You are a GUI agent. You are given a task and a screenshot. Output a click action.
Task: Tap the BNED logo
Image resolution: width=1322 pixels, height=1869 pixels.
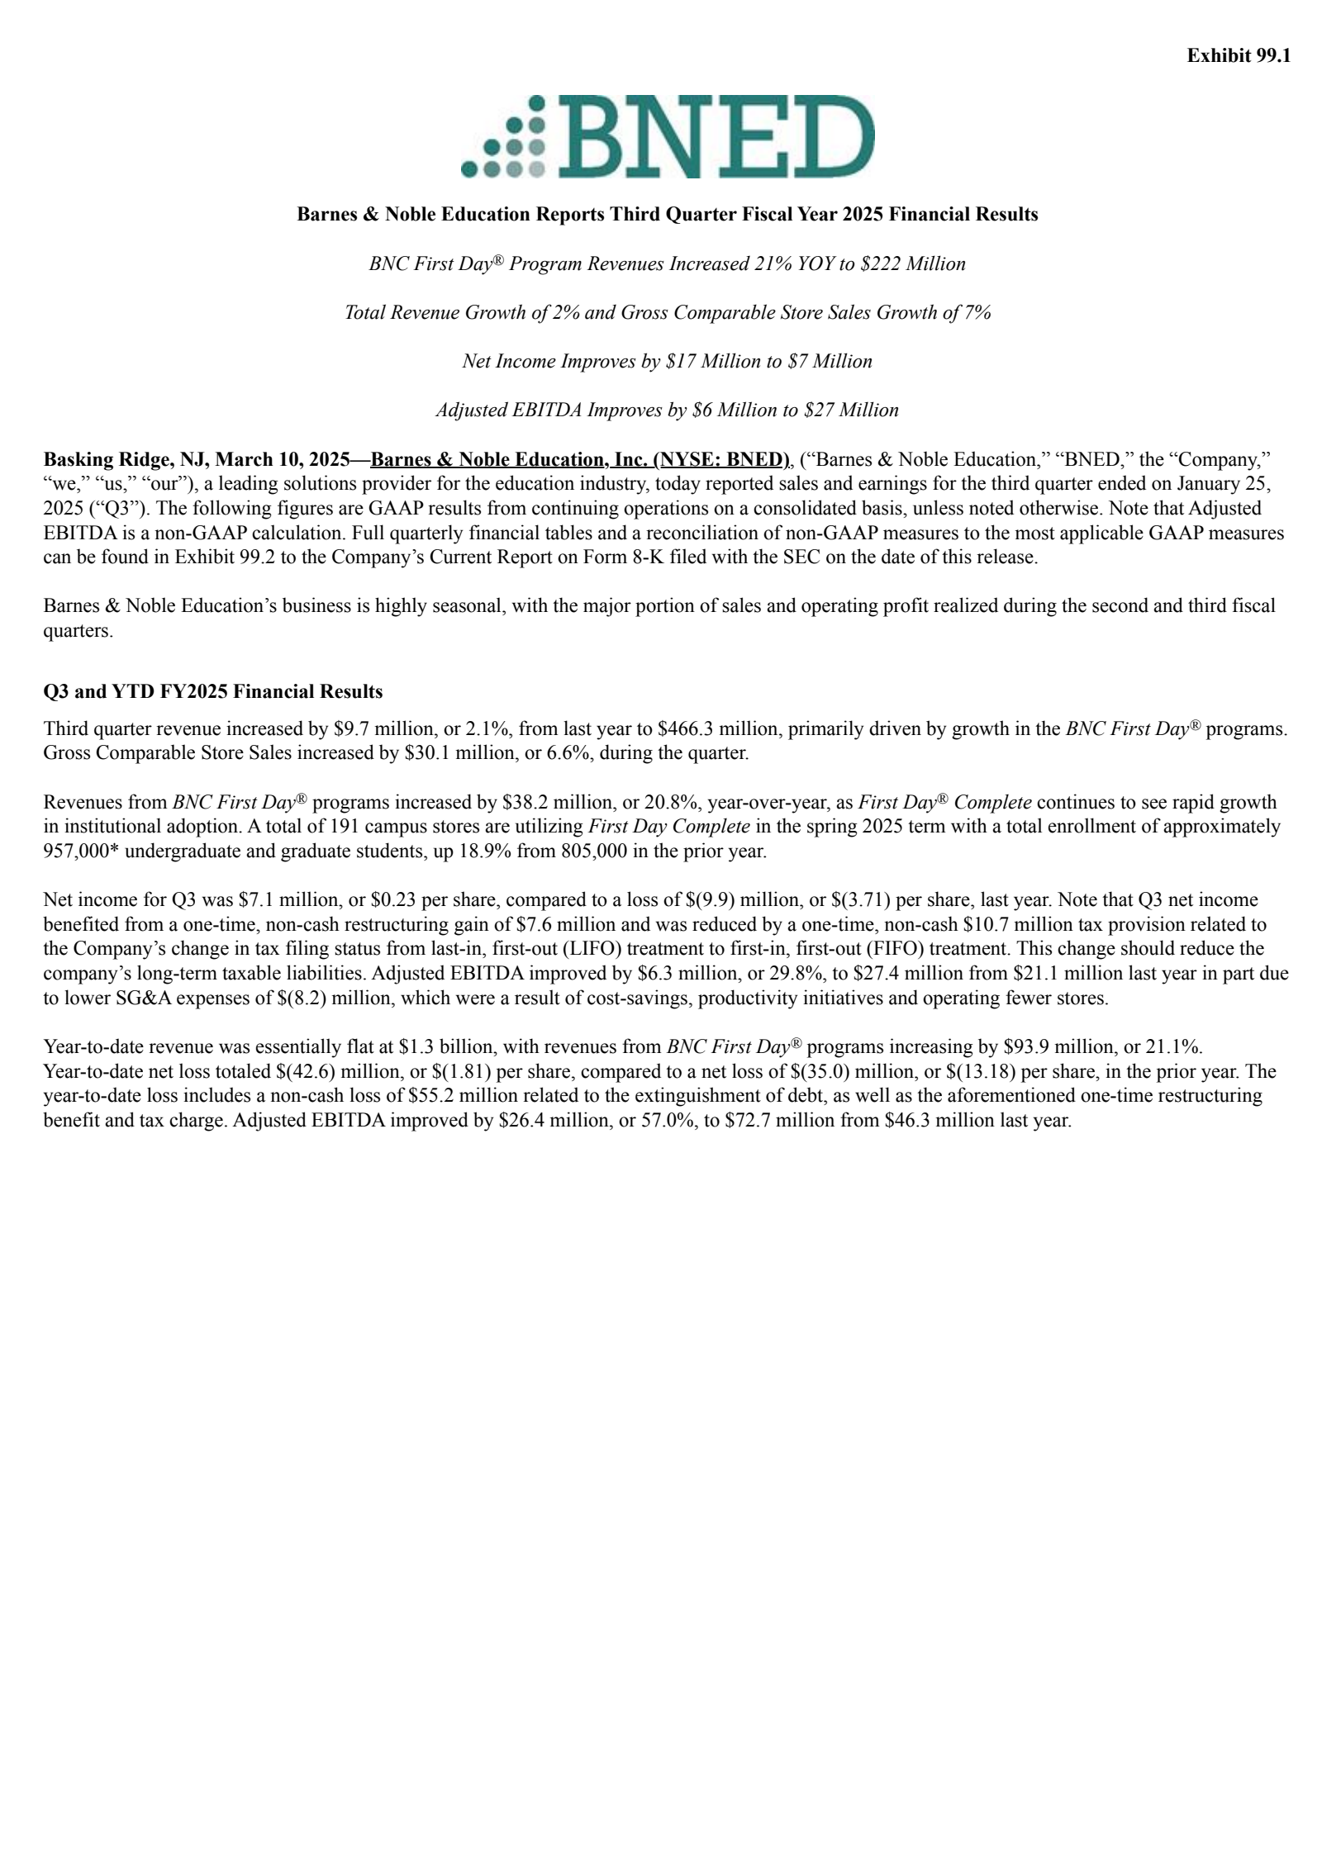click(668, 136)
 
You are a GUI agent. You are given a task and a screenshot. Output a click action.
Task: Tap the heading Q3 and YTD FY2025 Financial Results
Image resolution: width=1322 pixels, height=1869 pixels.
click(213, 690)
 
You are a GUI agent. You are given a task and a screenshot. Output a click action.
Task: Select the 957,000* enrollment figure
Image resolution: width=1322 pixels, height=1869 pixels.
click(80, 851)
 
